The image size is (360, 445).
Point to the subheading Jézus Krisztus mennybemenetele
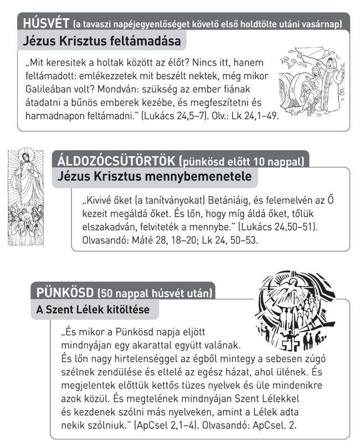click(x=155, y=177)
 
